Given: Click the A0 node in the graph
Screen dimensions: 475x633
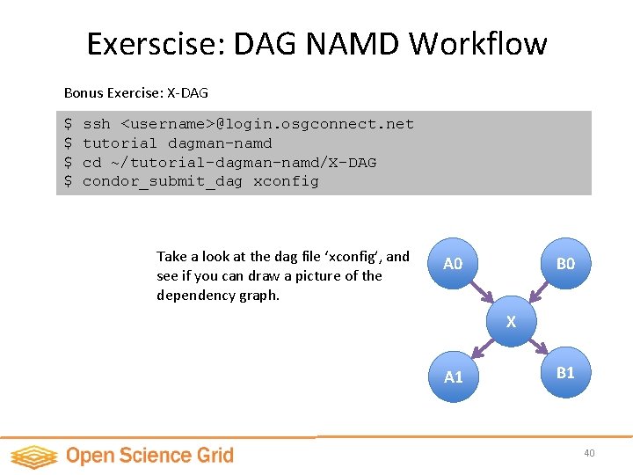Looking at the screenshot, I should click(x=453, y=264).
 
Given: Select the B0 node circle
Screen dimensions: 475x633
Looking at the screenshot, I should click(x=565, y=264).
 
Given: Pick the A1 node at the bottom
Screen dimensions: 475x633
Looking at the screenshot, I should click(x=453, y=376).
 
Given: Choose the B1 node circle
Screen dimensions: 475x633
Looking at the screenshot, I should click(x=565, y=372).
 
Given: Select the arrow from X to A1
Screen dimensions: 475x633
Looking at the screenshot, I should click(x=482, y=348).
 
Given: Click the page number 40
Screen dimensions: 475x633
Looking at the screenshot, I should click(x=589, y=453).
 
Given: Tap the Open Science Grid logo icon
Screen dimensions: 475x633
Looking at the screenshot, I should click(x=33, y=456).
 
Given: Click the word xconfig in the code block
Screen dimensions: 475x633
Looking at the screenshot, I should click(x=286, y=181).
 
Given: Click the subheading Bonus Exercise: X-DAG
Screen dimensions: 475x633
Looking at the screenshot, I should click(x=136, y=91).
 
